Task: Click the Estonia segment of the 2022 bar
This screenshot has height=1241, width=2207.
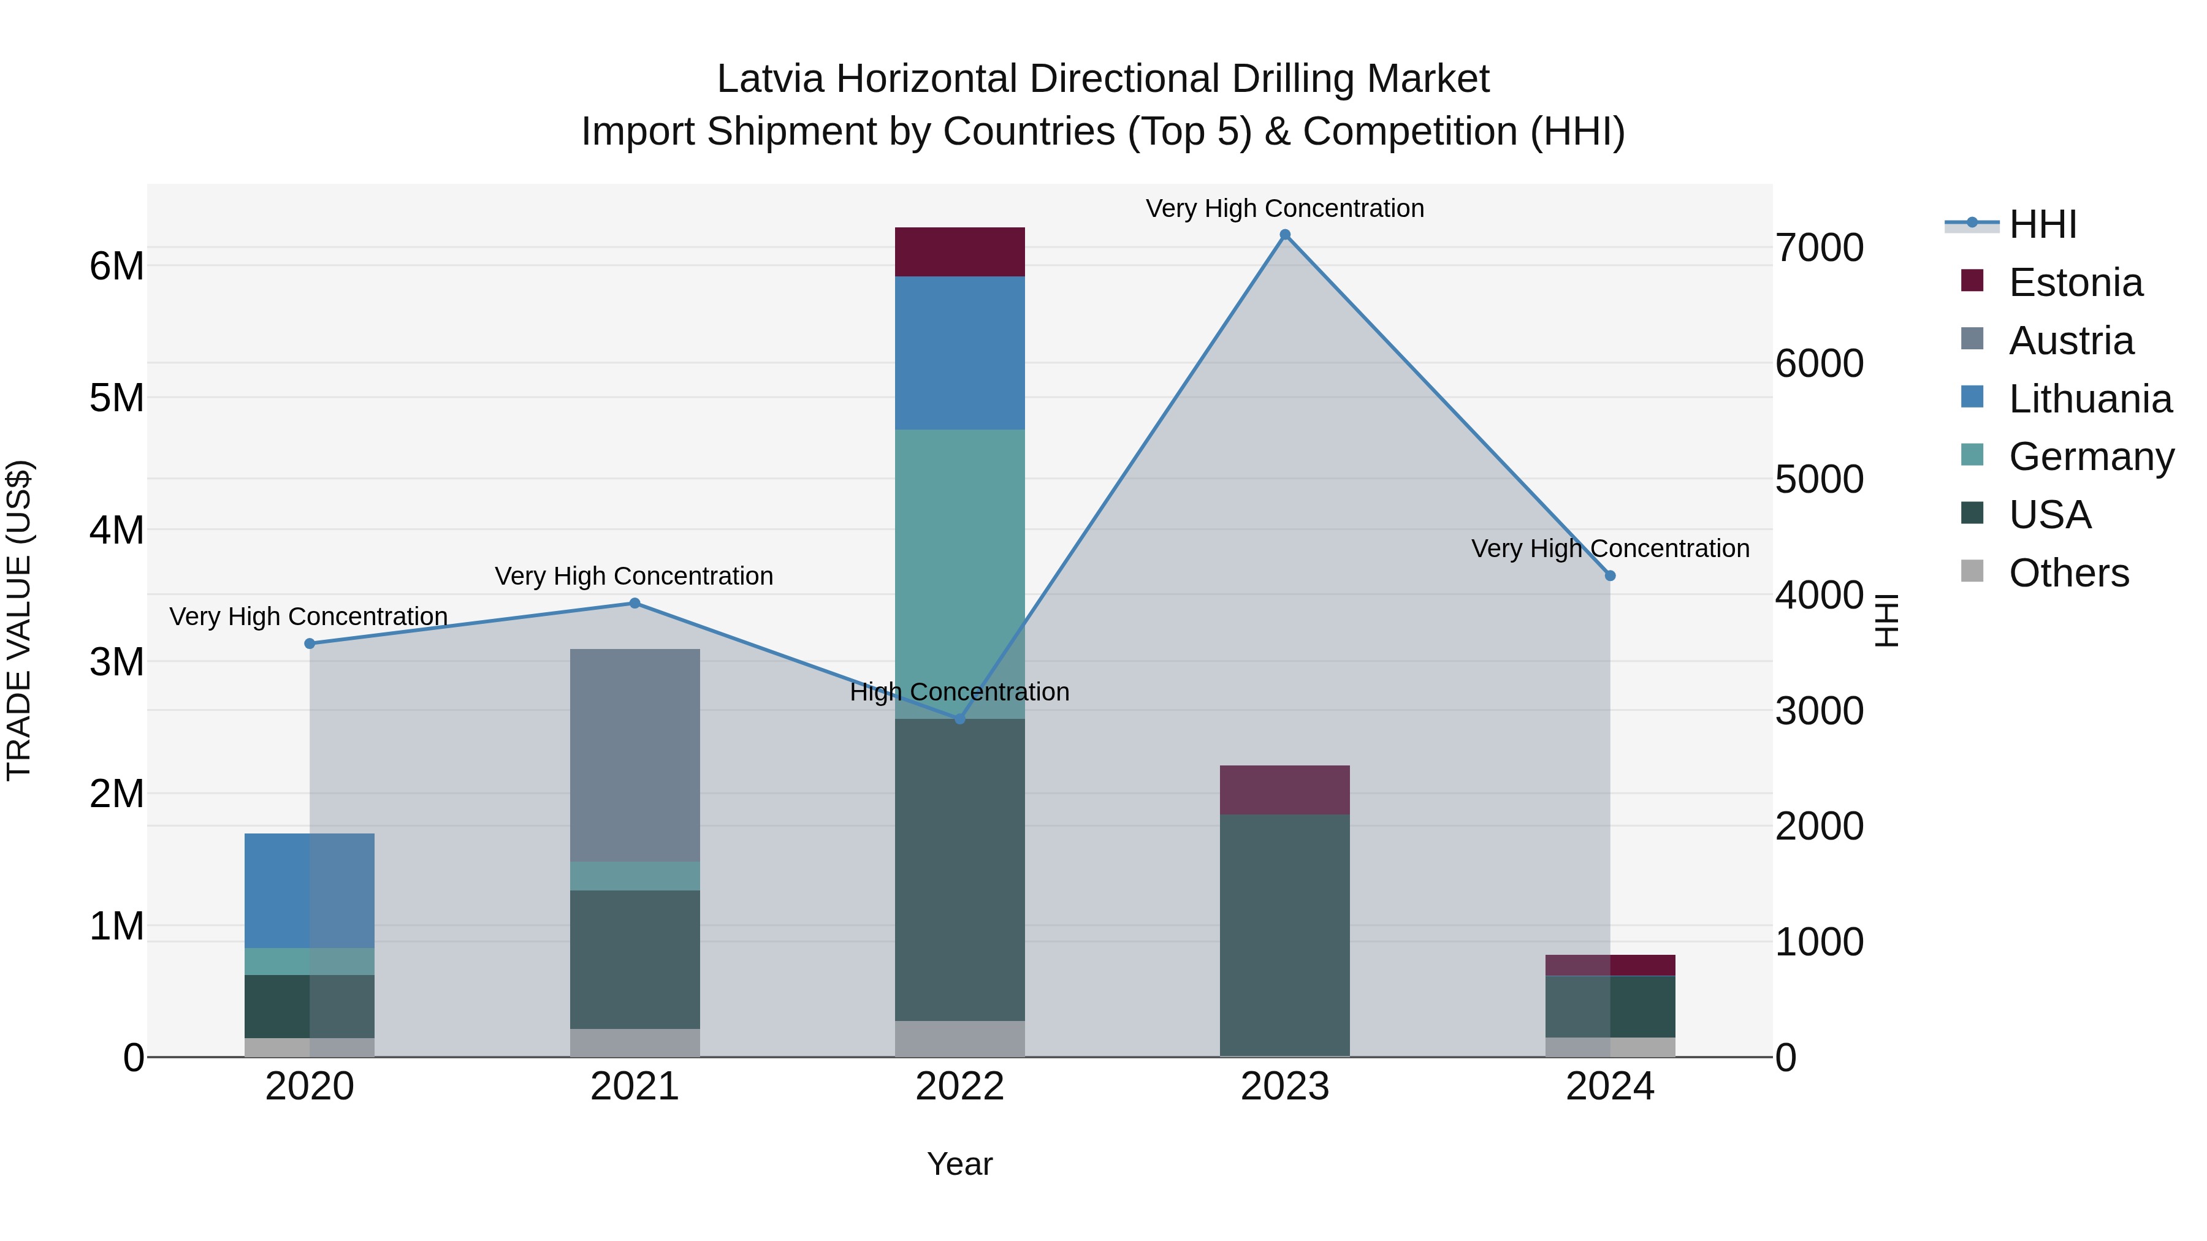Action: (959, 252)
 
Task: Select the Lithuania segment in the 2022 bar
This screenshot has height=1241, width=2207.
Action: (959, 353)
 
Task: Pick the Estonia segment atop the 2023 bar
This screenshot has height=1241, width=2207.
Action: (1284, 790)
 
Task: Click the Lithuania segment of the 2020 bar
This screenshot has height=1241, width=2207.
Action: (310, 890)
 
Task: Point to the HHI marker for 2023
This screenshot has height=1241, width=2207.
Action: (1284, 235)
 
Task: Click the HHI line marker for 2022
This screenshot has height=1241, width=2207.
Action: (959, 719)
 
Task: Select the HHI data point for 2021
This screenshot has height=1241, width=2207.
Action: (635, 603)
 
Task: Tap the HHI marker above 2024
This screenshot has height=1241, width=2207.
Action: (1610, 575)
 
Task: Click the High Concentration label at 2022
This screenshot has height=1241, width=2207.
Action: (959, 692)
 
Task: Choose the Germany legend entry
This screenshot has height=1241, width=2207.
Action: (2091, 457)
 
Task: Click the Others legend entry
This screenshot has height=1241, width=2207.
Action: (2068, 573)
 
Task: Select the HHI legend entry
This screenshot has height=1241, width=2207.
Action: (2043, 224)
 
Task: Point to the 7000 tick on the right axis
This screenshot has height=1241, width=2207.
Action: (1819, 248)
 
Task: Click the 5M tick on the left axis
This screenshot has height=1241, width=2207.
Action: (117, 397)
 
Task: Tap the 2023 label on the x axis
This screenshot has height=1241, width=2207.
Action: (1284, 1087)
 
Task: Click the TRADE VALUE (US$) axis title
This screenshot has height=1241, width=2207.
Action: (19, 620)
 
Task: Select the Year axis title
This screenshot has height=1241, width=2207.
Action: (959, 1164)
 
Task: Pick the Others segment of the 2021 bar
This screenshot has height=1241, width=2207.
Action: (635, 1042)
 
